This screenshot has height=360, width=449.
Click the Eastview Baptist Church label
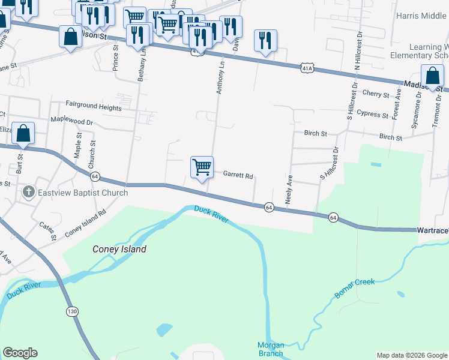(83, 193)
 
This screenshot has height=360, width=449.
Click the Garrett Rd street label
(238, 176)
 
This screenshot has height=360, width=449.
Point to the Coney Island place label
(119, 249)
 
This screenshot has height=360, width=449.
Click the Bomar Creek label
(354, 288)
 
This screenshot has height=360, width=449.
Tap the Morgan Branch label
(270, 349)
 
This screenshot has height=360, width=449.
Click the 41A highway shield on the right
(307, 68)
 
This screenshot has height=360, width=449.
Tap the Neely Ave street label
(289, 190)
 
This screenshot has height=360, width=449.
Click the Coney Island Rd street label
(86, 222)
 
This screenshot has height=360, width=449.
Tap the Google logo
(20, 353)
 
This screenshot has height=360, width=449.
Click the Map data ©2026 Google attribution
(411, 355)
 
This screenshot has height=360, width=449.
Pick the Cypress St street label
(372, 114)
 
